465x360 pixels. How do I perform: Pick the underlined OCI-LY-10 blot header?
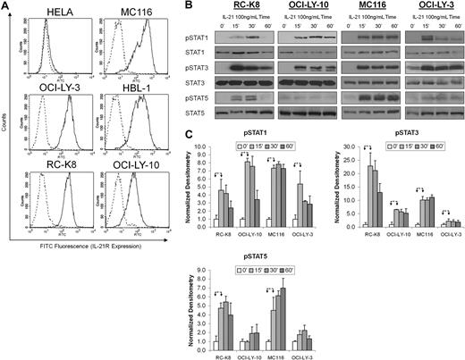pos(300,8)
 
